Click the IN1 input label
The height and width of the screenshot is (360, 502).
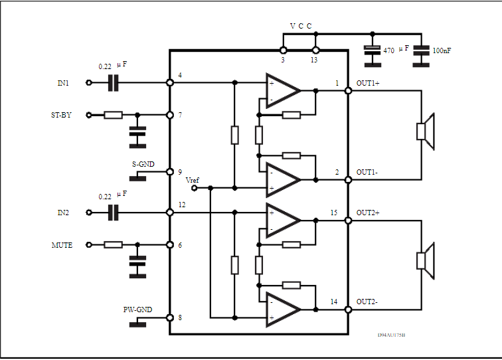coord(63,83)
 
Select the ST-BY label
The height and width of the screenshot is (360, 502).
coord(61,115)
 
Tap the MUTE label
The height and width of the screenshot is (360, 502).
coord(62,245)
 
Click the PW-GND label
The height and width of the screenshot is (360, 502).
coord(137,310)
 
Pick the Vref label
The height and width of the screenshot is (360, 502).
coord(192,180)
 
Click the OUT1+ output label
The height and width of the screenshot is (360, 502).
coord(368,83)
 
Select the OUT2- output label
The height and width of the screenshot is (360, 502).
coord(368,302)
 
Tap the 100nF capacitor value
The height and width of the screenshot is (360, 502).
coord(444,50)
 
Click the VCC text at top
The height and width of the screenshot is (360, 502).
coord(300,26)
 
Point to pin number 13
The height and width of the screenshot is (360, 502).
coord(314,60)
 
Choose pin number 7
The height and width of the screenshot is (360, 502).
coord(180,116)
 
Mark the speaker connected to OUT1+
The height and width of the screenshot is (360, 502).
coord(424,131)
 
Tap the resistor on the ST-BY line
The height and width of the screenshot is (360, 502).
coord(113,115)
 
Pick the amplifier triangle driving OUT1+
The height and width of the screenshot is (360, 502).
coord(282,90)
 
